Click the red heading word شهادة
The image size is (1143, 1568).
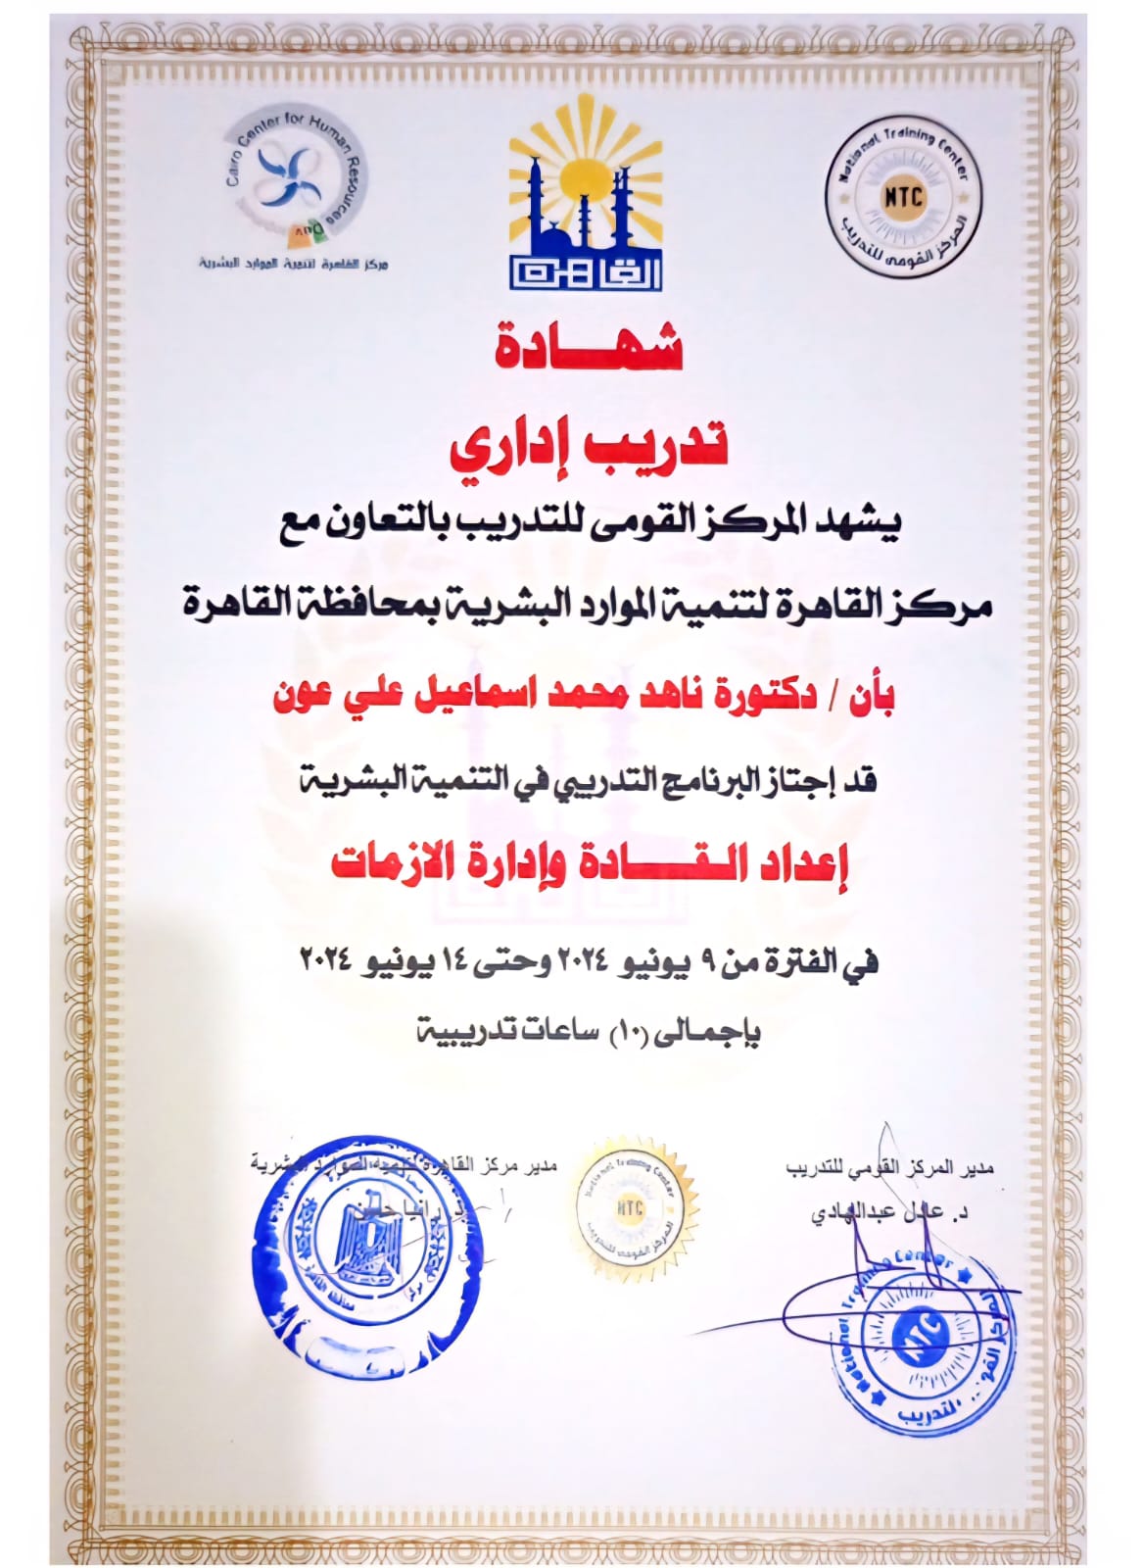click(588, 345)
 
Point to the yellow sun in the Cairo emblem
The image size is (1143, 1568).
click(585, 167)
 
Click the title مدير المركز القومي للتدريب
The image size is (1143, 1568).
click(889, 1168)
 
